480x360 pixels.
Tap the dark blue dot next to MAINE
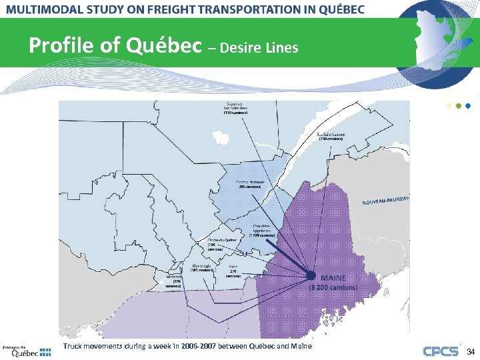311,275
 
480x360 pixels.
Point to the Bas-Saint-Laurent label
331,136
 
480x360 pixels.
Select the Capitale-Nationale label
250,185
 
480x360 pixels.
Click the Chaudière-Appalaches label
261,230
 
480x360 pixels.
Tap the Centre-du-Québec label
221,243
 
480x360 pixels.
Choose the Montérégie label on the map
202,268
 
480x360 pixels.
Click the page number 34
471,351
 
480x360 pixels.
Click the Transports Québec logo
25,351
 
